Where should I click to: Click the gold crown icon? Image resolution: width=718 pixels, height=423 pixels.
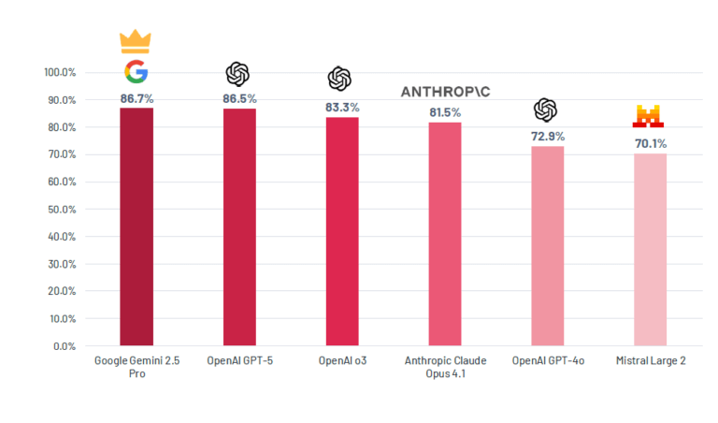click(x=136, y=42)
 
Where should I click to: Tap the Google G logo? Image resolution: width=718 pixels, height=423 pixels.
click(x=136, y=72)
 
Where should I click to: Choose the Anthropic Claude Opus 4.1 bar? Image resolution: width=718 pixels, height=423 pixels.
click(x=444, y=234)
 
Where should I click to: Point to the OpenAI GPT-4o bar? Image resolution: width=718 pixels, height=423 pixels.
click(x=547, y=246)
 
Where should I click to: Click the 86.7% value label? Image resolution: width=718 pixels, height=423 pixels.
click(x=136, y=97)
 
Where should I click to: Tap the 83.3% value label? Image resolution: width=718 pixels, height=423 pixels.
click(x=341, y=107)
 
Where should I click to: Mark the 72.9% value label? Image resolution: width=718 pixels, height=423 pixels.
click(x=547, y=136)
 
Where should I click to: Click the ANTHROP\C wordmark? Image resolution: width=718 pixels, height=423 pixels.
click(x=444, y=92)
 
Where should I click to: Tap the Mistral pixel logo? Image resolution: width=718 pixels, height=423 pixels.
click(x=650, y=117)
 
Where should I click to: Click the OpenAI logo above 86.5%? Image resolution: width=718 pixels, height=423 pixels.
click(x=237, y=73)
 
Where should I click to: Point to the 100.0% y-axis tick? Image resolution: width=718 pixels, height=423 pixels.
click(x=60, y=72)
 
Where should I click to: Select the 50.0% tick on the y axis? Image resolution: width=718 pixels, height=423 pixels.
click(x=63, y=209)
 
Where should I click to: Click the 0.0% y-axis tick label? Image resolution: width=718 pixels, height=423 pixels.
click(x=65, y=346)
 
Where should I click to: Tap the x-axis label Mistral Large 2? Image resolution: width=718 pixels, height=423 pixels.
click(x=651, y=360)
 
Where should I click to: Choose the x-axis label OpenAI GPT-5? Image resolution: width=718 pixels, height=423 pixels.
click(x=239, y=360)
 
